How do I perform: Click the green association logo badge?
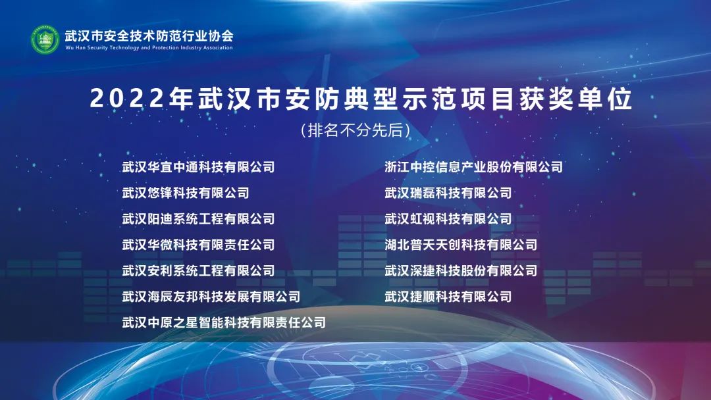point(45,39)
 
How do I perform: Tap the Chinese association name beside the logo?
point(149,36)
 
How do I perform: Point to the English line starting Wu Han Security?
point(149,47)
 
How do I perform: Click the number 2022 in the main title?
point(126,98)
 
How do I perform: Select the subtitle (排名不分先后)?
point(355,130)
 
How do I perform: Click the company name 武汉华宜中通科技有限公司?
point(199,166)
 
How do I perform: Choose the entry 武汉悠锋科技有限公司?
point(186,193)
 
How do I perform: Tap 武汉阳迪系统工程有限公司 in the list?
point(199,219)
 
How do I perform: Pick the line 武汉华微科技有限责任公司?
point(199,245)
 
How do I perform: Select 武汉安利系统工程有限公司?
point(199,270)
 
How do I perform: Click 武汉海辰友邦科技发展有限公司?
point(211,297)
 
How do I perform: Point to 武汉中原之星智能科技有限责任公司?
point(224,322)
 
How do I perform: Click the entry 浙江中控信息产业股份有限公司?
point(474,166)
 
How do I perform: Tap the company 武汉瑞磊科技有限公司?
point(448,193)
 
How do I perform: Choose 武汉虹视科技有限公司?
point(448,219)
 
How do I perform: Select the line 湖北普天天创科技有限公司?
point(461,245)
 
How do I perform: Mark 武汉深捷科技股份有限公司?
point(461,270)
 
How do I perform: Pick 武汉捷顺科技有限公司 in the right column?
point(448,297)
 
